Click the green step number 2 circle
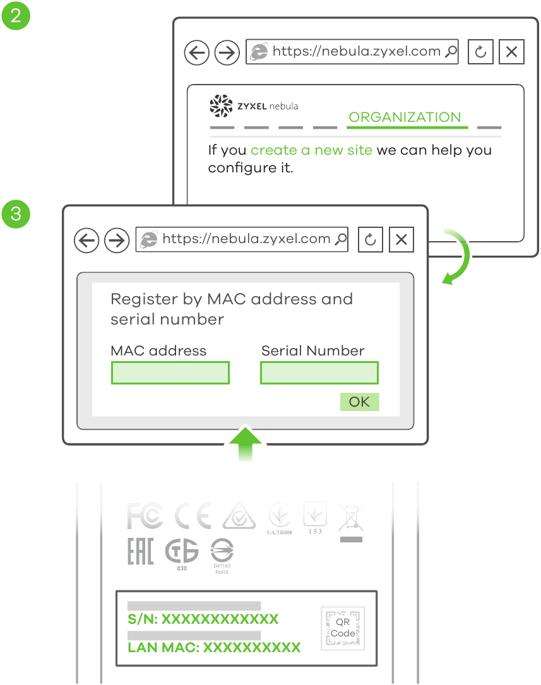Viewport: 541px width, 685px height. coord(16,15)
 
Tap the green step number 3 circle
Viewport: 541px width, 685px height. coord(16,213)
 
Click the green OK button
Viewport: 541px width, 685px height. coord(359,402)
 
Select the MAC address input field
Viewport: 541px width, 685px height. coord(170,373)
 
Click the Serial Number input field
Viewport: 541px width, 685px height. coord(319,373)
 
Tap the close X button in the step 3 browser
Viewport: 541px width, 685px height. coord(401,240)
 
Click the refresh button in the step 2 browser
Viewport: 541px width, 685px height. coord(480,52)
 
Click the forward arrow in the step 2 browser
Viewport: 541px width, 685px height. coord(227,52)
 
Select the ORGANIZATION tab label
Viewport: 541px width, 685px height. coord(405,117)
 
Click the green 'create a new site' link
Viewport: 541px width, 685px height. coord(311,150)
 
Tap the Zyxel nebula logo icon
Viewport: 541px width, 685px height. coord(221,106)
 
